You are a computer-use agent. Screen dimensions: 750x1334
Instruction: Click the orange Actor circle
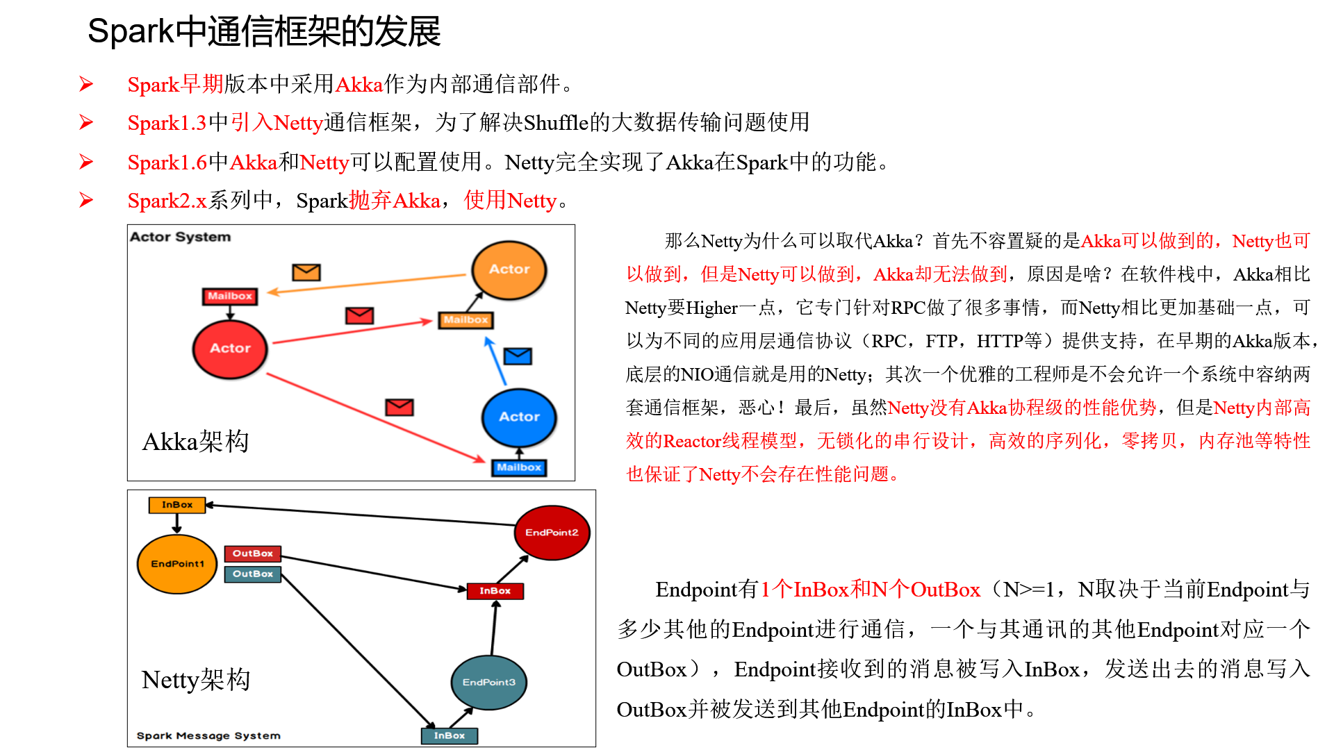click(509, 269)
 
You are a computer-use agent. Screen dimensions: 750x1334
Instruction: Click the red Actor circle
click(230, 349)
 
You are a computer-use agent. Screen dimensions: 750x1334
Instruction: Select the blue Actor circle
click(519, 417)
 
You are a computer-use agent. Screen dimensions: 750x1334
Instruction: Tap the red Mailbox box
click(230, 296)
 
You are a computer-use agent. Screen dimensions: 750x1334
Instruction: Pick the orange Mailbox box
click(466, 320)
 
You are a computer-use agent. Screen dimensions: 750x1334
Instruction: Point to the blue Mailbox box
click(519, 467)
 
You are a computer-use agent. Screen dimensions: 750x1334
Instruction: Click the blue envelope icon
click(518, 356)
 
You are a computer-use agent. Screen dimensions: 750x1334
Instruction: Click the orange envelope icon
click(306, 272)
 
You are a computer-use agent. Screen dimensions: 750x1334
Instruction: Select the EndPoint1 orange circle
click(177, 564)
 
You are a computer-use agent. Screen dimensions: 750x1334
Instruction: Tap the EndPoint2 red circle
click(552, 533)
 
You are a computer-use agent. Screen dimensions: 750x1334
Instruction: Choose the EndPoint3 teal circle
click(488, 682)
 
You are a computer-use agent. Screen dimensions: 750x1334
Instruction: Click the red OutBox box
click(253, 553)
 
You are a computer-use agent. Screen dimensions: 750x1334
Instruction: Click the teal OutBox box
click(253, 574)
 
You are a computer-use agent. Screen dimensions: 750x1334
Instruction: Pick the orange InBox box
click(177, 505)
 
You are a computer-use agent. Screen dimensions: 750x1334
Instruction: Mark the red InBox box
click(495, 591)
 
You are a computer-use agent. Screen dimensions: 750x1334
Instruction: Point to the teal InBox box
click(450, 735)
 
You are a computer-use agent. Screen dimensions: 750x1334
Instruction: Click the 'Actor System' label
click(180, 237)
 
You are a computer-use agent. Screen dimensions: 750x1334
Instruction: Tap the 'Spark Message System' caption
click(208, 735)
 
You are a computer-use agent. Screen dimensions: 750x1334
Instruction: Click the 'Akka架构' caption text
click(195, 442)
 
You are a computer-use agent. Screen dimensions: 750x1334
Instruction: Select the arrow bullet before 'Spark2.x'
click(86, 201)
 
